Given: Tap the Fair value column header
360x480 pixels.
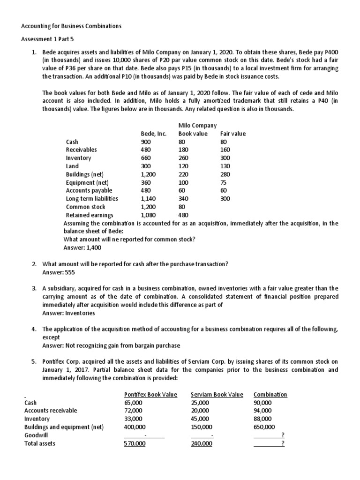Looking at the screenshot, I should tap(232, 134).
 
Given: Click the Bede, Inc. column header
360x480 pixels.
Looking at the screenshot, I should tap(154, 134).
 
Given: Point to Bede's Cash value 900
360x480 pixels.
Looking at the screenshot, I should tap(146, 142).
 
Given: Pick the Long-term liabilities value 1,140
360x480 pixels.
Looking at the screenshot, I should tap(149, 199).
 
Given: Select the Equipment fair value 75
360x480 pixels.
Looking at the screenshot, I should tap(224, 182).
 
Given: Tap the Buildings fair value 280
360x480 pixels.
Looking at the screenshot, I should tap(225, 174).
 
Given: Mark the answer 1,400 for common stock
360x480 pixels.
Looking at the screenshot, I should tap(82, 247).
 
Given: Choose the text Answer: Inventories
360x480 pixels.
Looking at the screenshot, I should tap(68, 313).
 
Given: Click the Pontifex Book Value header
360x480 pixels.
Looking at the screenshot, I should tap(150, 394).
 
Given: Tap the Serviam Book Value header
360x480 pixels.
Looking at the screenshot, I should tap(217, 394).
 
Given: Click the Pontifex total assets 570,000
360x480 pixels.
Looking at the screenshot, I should tap(135, 443).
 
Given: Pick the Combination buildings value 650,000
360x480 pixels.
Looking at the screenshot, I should tap(264, 427).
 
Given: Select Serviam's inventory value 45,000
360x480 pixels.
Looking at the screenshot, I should tap(201, 419).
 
